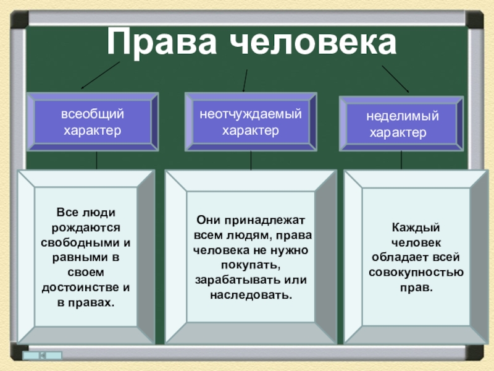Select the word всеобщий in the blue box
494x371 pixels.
[92, 114]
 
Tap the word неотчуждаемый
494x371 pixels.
[251, 114]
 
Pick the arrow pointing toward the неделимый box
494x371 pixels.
[396, 78]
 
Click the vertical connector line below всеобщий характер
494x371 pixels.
[96, 160]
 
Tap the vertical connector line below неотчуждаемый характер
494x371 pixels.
[251, 161]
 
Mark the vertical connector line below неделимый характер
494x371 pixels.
[402, 161]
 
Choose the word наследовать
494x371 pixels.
[251, 294]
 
